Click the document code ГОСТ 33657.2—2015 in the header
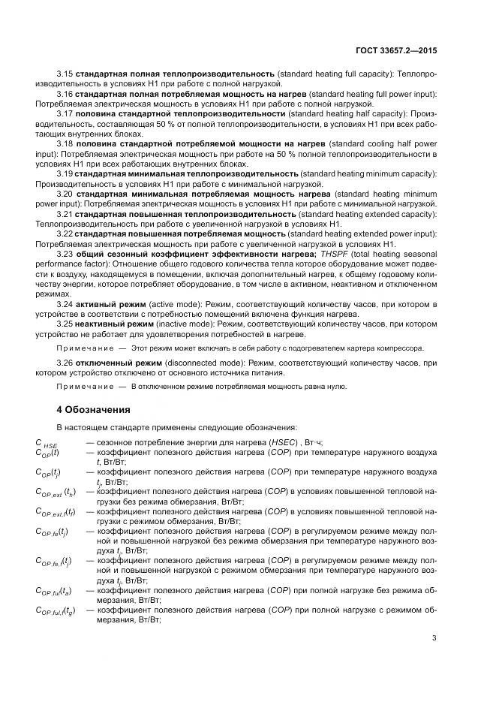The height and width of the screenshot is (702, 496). [x=396, y=50]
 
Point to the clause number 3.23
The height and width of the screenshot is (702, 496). [x=65, y=255]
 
